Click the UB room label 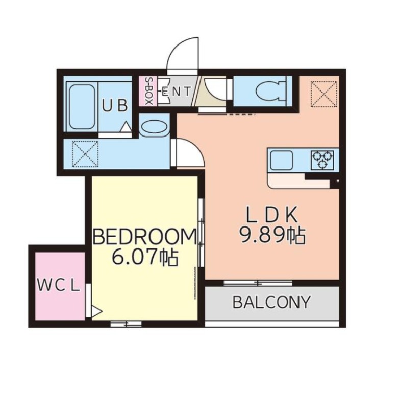coord(115,106)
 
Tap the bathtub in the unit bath coord(82,107)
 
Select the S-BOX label coord(148,91)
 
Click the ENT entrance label coord(176,92)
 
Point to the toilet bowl coord(270,91)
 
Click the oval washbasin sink coord(154,127)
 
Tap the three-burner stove coord(323,160)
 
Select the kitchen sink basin coord(281,160)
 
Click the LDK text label coord(272,214)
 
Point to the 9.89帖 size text coord(272,235)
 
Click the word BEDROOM coord(145,236)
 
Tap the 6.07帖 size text coord(145,257)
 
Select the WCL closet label coord(58,285)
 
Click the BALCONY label coord(271,302)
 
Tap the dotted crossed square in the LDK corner coord(324,94)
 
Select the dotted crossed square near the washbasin coord(85,154)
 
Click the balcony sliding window coord(258,283)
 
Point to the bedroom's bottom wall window coord(126,324)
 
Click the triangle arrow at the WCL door coord(97,311)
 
